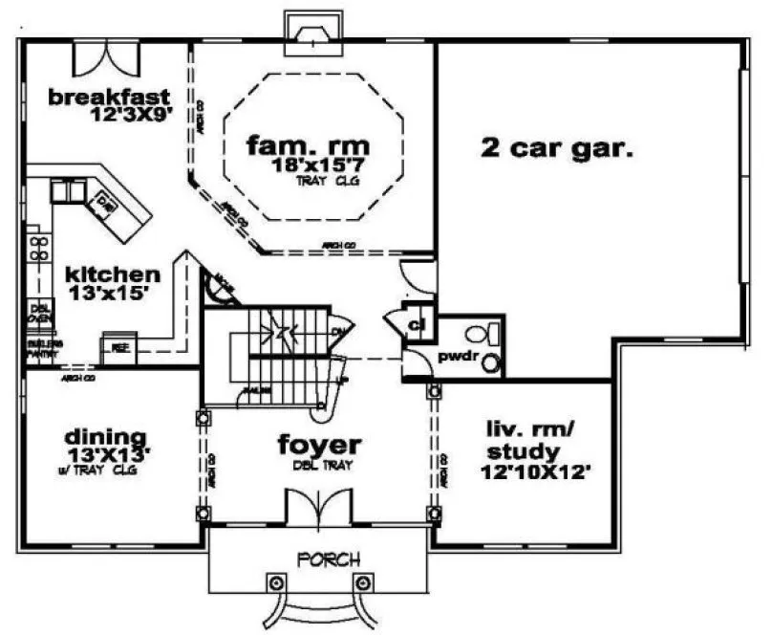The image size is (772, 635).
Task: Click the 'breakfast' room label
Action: [109, 97]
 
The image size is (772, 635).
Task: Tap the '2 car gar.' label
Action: [558, 148]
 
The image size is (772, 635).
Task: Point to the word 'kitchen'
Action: [113, 274]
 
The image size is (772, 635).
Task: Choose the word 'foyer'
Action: [319, 445]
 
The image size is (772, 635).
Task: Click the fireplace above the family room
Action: [311, 32]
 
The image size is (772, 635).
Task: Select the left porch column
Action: [276, 582]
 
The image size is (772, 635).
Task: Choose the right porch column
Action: [361, 582]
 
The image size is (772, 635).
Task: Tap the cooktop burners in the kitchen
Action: [38, 248]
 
